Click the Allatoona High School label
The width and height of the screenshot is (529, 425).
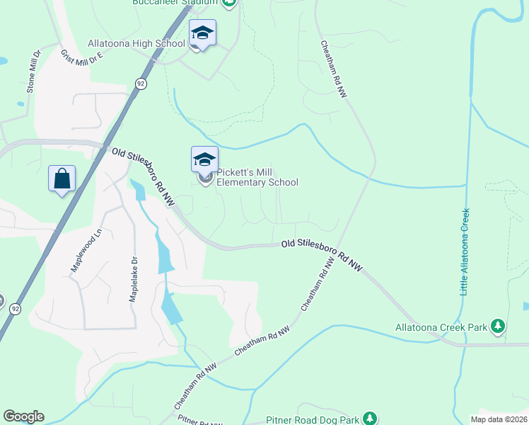[x=136, y=43]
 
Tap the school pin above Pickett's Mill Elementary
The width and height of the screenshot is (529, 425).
[x=204, y=159]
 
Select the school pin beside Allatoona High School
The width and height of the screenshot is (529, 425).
[x=202, y=33]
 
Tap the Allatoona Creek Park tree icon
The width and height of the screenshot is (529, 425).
[x=499, y=326]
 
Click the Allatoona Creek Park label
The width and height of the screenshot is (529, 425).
[x=441, y=327]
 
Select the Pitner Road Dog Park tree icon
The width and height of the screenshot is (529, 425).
[x=368, y=419]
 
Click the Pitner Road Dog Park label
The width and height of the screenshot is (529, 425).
[x=313, y=420]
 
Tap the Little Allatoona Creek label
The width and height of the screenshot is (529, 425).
[x=465, y=251]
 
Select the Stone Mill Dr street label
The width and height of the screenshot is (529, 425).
[x=33, y=72]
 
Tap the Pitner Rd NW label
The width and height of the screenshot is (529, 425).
[x=200, y=421]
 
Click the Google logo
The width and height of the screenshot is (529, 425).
[x=23, y=416]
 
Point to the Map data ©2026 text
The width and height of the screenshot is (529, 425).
[x=498, y=419]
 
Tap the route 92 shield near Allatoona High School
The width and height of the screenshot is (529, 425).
[x=141, y=84]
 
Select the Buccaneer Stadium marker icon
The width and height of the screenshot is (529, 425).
[x=229, y=3]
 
